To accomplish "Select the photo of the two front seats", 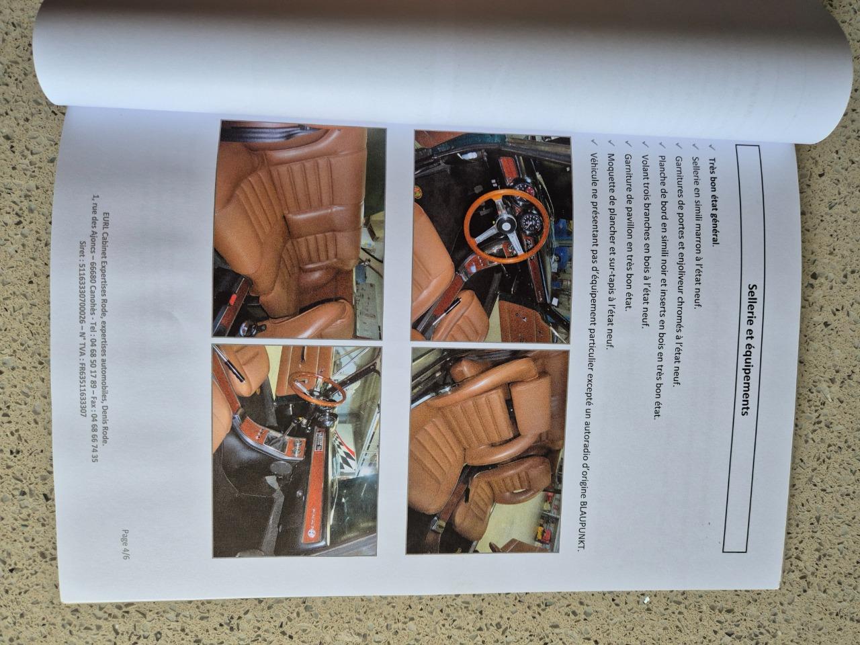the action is (x=487, y=451).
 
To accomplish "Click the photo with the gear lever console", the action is (x=295, y=451).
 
